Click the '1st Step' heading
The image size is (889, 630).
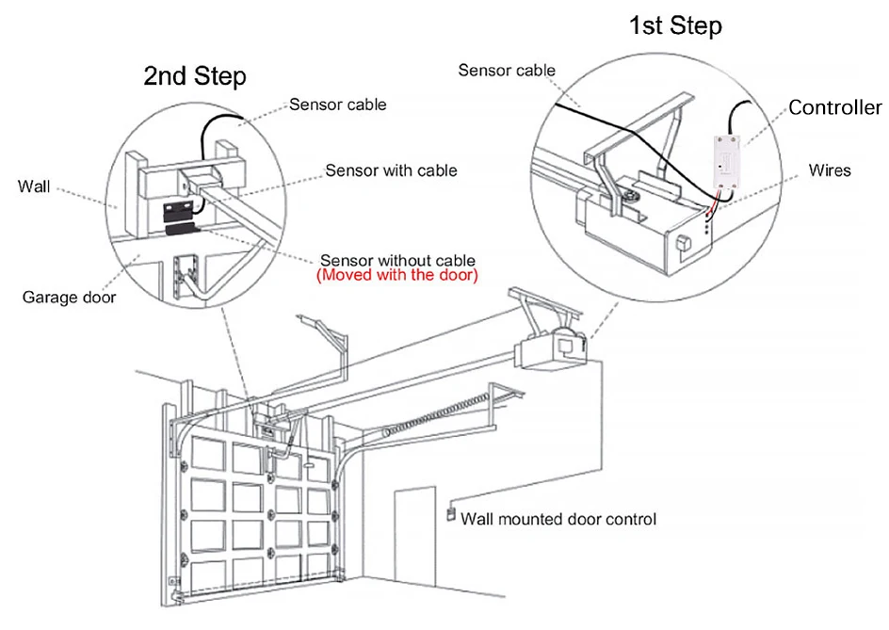tap(675, 25)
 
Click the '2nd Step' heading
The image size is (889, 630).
tap(195, 76)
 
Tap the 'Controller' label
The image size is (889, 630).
tap(834, 107)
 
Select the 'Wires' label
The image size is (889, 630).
tap(830, 170)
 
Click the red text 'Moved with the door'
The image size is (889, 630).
tap(397, 276)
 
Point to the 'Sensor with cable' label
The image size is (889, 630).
tap(391, 170)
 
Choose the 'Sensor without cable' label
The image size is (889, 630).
tap(397, 260)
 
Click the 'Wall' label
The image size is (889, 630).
tap(34, 186)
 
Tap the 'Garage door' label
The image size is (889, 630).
tap(69, 298)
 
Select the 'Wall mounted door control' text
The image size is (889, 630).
tap(558, 519)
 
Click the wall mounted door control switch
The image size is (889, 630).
tap(451, 515)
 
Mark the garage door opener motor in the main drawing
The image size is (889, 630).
tap(562, 348)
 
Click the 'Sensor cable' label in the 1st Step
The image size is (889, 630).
tap(507, 70)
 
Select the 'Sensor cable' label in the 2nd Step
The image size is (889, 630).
tap(337, 105)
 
